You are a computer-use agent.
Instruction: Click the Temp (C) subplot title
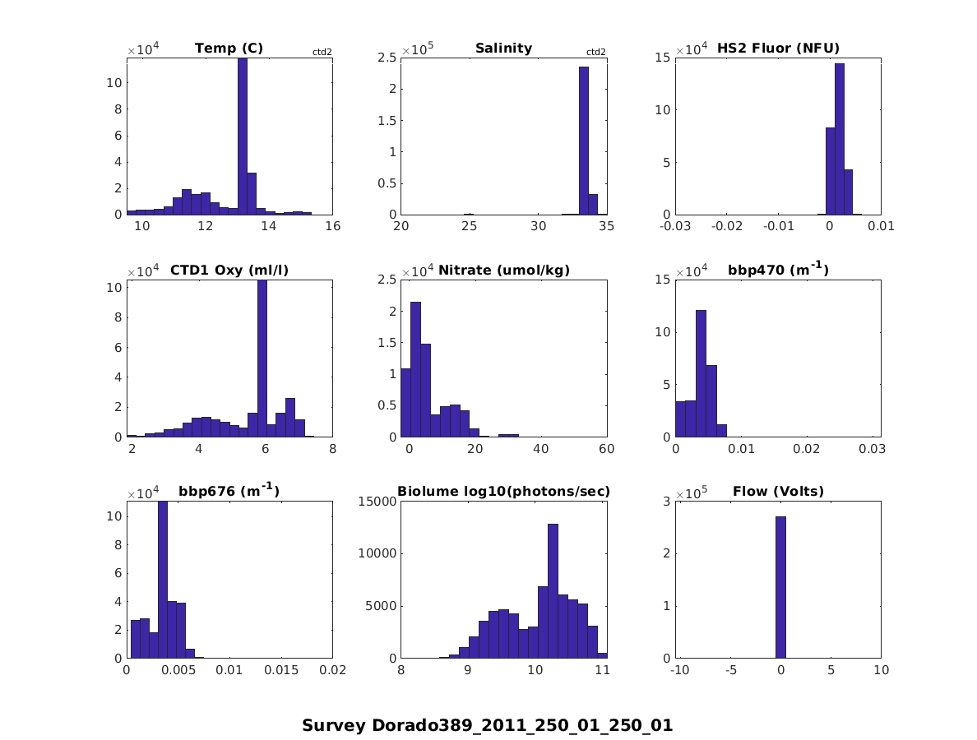[229, 49]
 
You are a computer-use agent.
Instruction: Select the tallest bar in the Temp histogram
[242, 136]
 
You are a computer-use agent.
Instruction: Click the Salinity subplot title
[503, 49]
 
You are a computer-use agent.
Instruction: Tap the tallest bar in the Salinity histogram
[584, 141]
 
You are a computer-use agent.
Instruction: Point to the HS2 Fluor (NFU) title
[778, 49]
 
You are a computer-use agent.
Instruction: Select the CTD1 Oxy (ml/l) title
[229, 271]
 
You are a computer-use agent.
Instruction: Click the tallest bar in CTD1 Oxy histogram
[262, 358]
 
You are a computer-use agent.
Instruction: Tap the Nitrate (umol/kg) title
[503, 271]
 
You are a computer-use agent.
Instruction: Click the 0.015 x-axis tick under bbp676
[280, 671]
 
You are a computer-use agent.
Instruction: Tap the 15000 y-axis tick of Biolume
[381, 501]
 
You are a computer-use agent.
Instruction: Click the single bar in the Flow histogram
[780, 588]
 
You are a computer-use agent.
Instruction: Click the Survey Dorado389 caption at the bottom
[487, 726]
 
